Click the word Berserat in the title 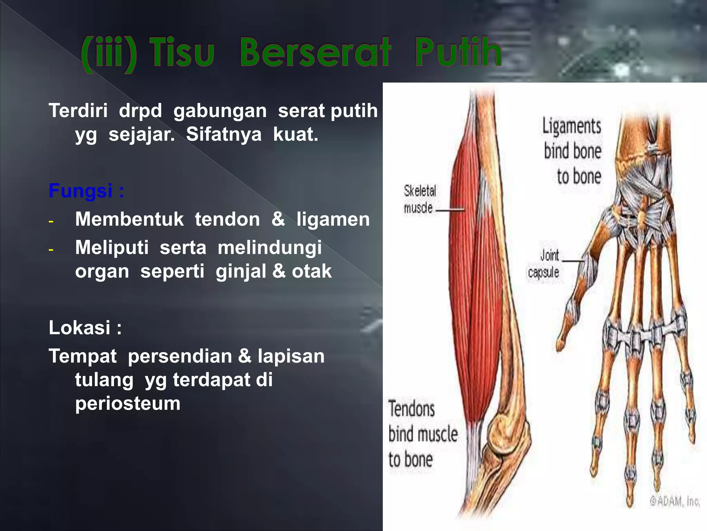315,53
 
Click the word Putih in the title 458,53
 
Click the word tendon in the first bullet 227,219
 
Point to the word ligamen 333,219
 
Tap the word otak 311,271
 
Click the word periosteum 128,403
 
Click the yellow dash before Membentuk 51,221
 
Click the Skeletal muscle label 419,199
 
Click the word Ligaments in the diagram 571,126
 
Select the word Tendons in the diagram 411,409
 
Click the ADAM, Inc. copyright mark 675,501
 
